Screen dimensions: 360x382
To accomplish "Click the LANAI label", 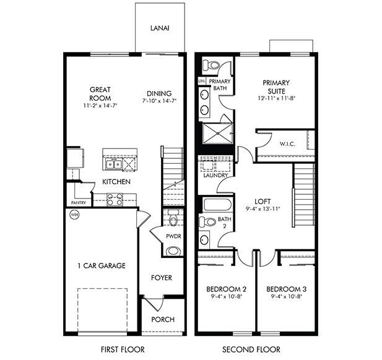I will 160,28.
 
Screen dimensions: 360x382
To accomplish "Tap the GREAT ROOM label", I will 99,93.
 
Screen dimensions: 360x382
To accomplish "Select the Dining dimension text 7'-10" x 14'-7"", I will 159,101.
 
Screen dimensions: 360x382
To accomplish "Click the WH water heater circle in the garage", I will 74,215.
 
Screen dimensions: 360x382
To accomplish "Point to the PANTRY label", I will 79,202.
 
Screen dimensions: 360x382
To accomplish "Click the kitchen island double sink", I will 113,164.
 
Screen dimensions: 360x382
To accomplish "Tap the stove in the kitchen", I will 115,199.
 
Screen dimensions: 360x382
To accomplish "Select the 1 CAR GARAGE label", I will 101,266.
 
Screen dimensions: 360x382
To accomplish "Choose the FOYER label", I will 162,278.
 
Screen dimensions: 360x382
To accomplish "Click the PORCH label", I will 162,320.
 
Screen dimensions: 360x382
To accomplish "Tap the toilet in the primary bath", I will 211,64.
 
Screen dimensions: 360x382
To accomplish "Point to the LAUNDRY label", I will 214,175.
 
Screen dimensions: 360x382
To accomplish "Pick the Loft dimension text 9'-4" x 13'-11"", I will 263,209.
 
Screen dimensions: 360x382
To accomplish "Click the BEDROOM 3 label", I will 285,289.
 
